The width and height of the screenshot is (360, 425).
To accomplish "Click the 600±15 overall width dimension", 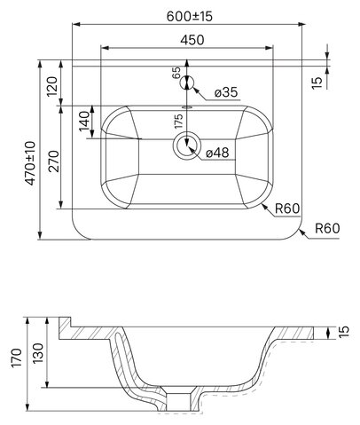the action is click(190, 16).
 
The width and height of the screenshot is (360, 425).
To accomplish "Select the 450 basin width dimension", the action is click(192, 40).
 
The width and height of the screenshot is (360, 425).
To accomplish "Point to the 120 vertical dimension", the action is click(52, 86).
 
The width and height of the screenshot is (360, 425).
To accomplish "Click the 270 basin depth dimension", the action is click(54, 161).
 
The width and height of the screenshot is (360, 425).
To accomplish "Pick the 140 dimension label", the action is click(84, 122).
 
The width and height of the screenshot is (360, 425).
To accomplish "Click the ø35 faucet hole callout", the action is click(226, 92).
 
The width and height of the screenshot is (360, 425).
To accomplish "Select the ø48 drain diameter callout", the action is click(217, 153).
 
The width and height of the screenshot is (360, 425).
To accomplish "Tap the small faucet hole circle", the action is click(187, 83).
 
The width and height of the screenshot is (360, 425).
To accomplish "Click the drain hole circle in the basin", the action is click(187, 146).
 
